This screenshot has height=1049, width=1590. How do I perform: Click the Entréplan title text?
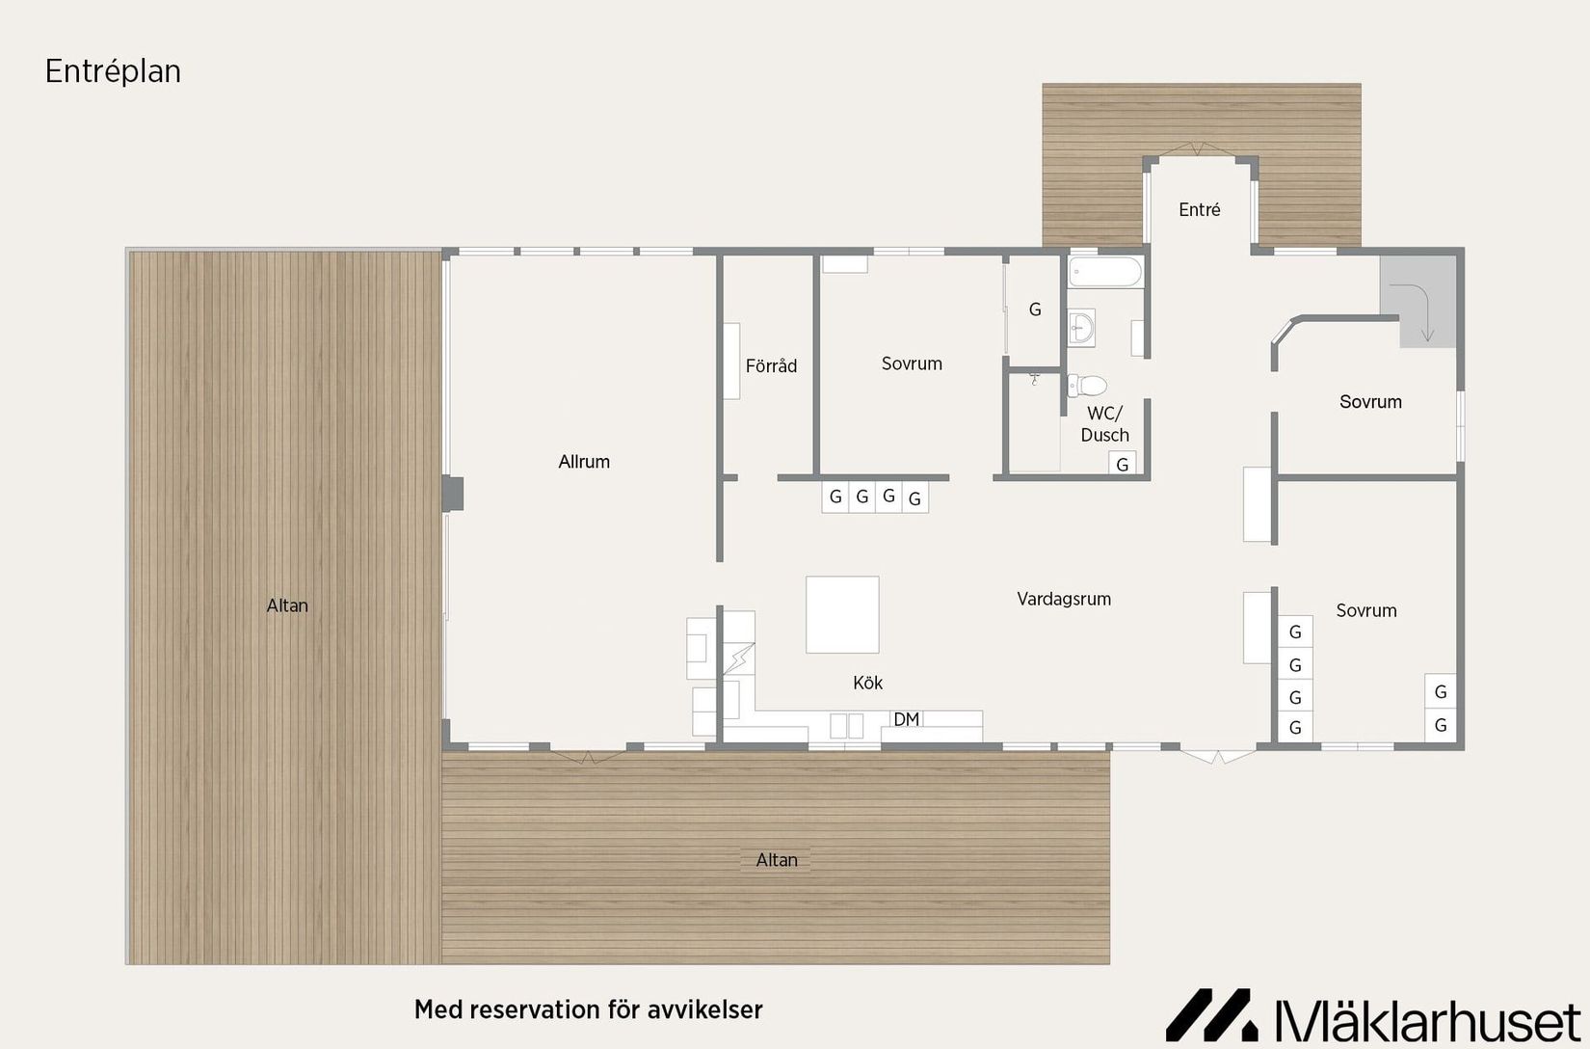[x=113, y=71]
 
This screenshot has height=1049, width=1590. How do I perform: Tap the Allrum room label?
[x=584, y=462]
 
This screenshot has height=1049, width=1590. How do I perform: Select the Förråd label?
[x=771, y=366]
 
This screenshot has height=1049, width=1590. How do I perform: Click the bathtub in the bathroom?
[x=1104, y=272]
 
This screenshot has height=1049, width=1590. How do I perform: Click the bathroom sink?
[x=1081, y=329]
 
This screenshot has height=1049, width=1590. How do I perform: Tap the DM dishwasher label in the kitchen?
[x=906, y=719]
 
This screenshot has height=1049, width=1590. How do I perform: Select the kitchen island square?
[x=842, y=615]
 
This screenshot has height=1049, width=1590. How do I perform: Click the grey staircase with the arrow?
[x=1418, y=299]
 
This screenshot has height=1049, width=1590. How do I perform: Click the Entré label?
[x=1200, y=209]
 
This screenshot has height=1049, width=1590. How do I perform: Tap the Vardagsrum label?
[x=1064, y=599]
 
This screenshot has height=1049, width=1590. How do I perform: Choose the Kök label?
[x=867, y=683]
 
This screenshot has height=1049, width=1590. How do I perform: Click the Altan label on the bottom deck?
[x=777, y=860]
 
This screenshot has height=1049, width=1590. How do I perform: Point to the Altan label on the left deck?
[x=287, y=605]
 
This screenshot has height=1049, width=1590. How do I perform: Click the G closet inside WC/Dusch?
[x=1122, y=465]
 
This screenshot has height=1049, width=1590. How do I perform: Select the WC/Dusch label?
[x=1104, y=424]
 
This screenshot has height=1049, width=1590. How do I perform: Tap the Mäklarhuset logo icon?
[x=1211, y=1014]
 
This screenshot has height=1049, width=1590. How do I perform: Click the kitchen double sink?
[x=847, y=725]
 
